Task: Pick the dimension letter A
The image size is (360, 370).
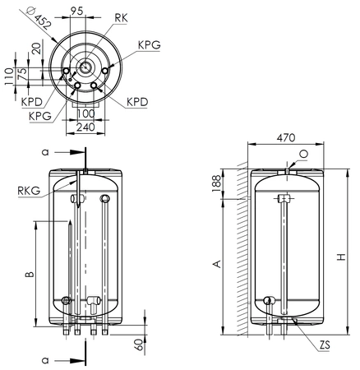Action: [216, 263]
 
